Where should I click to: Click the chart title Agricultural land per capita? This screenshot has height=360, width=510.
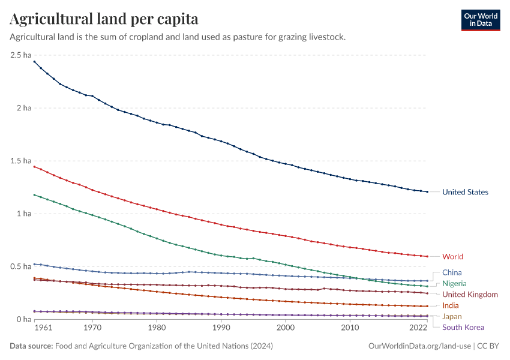pyautogui.click(x=104, y=19)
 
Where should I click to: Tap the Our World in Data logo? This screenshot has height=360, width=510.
pyautogui.click(x=480, y=20)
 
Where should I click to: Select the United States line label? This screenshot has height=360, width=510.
pyautogui.click(x=465, y=192)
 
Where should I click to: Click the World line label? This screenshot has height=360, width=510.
pyautogui.click(x=452, y=257)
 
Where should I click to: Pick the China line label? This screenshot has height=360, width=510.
pyautogui.click(x=452, y=272)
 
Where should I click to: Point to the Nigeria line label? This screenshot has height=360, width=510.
pyautogui.click(x=454, y=283)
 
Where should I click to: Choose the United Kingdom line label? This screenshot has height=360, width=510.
pyautogui.click(x=470, y=295)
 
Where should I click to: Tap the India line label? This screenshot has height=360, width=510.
pyautogui.click(x=450, y=305)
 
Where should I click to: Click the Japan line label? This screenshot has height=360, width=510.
pyautogui.click(x=452, y=316)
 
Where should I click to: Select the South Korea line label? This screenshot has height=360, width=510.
pyautogui.click(x=463, y=327)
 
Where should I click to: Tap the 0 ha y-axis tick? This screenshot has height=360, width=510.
pyautogui.click(x=23, y=319)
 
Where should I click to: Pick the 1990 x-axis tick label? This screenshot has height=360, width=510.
pyautogui.click(x=221, y=329)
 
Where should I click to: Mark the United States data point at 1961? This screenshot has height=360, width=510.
pyautogui.click(x=34, y=61)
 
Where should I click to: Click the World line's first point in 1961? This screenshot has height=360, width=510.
pyautogui.click(x=34, y=166)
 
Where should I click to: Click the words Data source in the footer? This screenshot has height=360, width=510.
pyautogui.click(x=31, y=346)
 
